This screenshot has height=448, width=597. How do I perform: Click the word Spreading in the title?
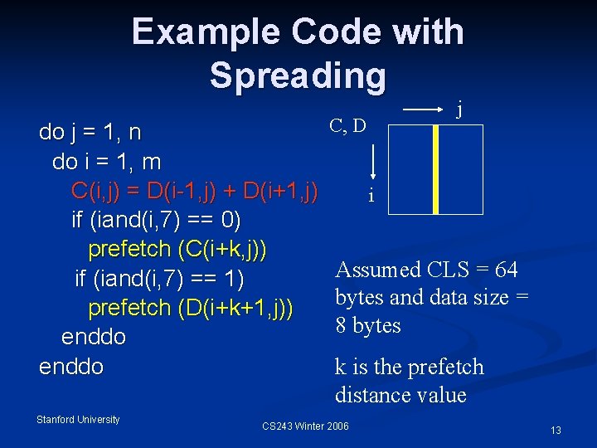298,75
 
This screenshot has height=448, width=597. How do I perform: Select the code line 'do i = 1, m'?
106,161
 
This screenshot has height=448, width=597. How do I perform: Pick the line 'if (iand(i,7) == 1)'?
159,279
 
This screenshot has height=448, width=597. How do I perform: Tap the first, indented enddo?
94,337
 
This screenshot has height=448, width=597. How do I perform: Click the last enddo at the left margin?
71,366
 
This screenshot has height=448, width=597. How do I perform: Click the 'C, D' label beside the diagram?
347,126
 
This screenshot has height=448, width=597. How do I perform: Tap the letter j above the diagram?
460,107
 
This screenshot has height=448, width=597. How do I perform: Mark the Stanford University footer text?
78,420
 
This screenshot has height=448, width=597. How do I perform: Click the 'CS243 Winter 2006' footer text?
305,426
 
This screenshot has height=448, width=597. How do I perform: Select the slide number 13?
556,430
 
